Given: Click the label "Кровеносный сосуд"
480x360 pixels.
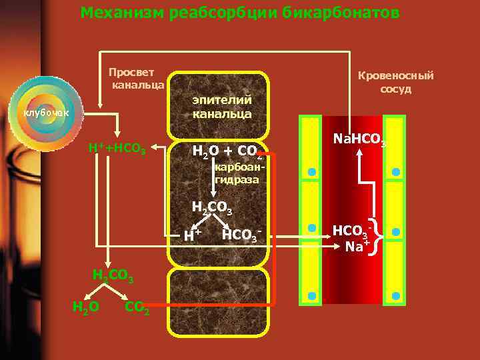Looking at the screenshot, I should [x=395, y=81].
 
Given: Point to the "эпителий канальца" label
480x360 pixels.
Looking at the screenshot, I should [x=222, y=107].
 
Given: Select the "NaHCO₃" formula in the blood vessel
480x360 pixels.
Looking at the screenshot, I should [x=359, y=139].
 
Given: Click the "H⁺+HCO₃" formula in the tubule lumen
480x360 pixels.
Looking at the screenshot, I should [x=117, y=147].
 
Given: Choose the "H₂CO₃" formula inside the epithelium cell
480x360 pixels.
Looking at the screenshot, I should [x=211, y=208].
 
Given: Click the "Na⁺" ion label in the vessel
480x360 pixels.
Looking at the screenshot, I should [x=356, y=246].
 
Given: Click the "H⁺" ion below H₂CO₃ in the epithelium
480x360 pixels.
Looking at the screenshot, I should [x=193, y=234].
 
